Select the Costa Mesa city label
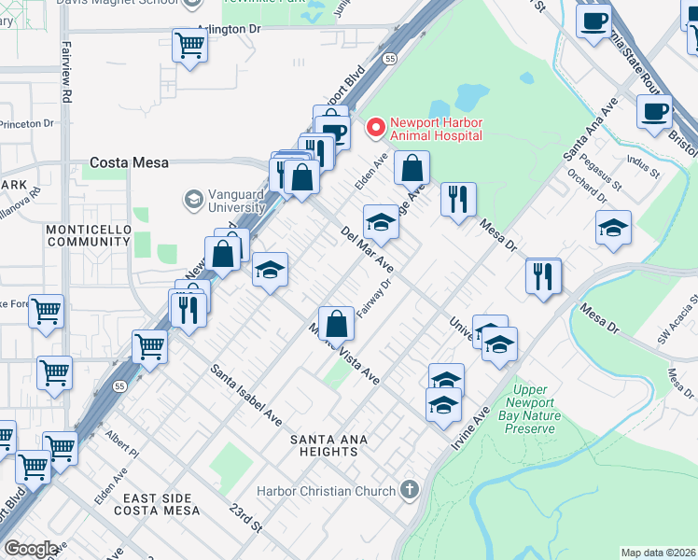pos(129,162)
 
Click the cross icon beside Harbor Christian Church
pos(409,489)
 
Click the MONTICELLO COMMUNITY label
pos(87,234)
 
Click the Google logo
pos(30,548)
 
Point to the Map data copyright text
pos(658,553)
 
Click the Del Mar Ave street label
pos(367,249)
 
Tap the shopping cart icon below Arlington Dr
pos(189,46)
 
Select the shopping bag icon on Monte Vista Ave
pos(337,323)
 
